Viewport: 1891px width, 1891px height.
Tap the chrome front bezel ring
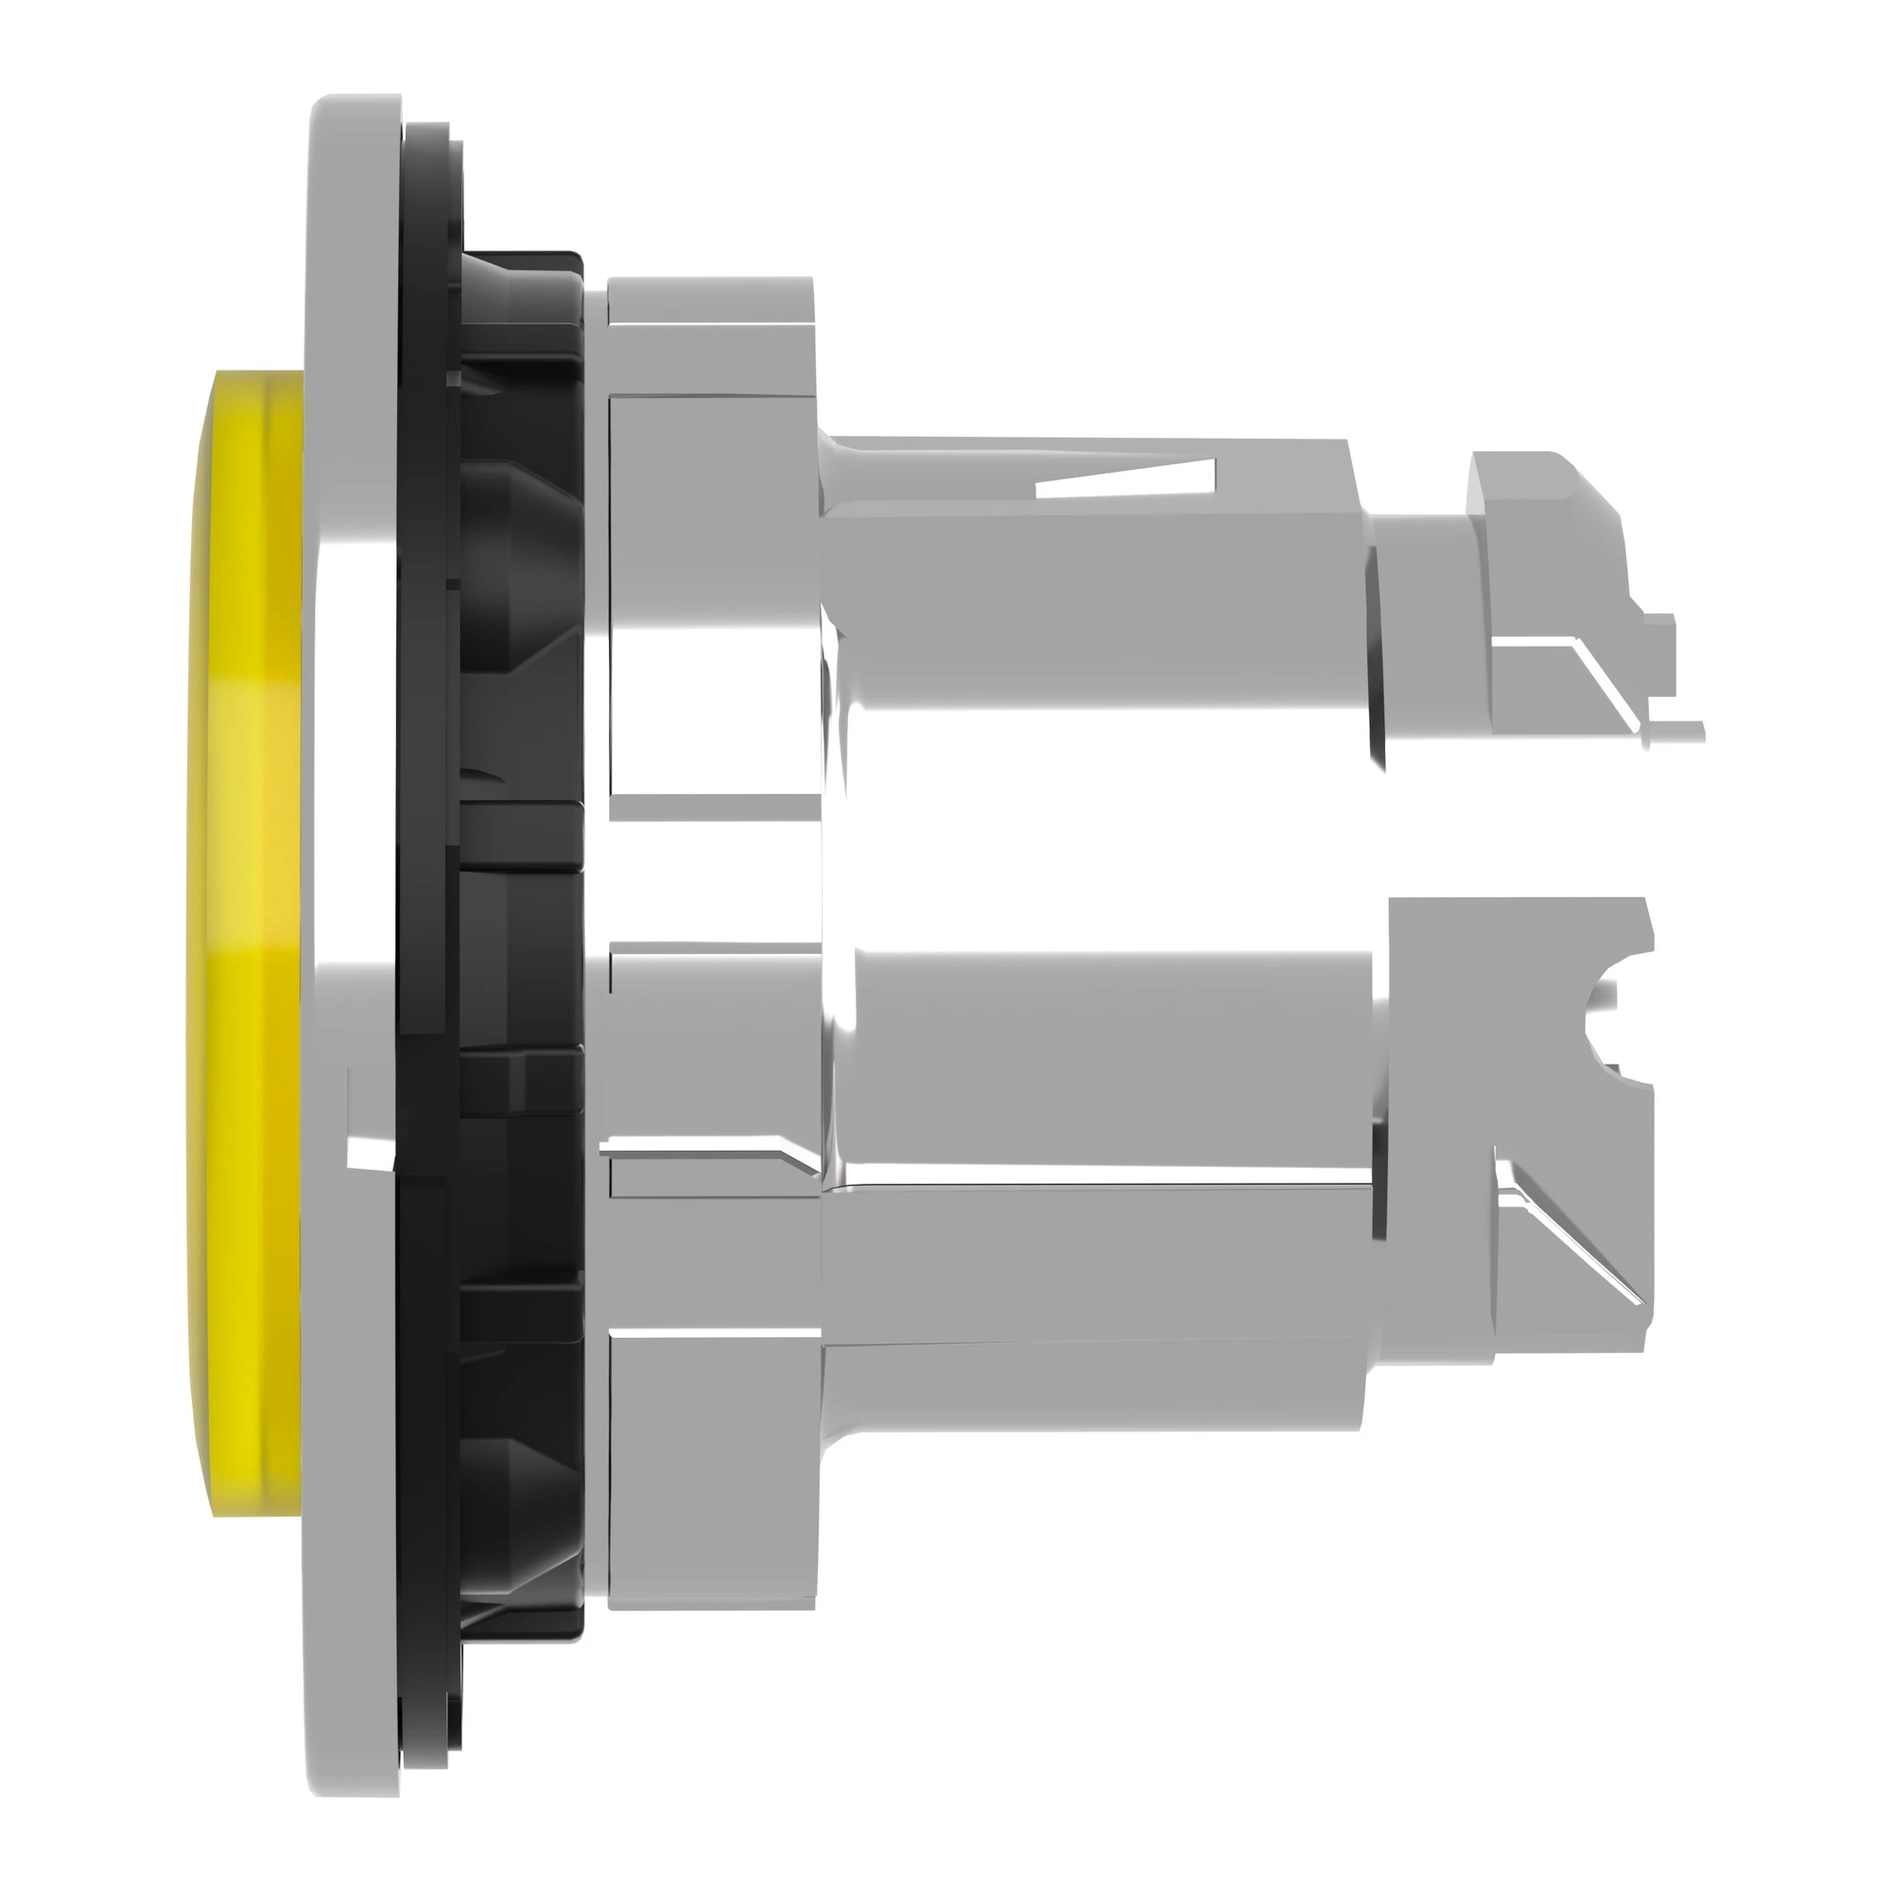(353, 685)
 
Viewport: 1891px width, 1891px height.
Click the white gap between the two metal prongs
(1125, 861)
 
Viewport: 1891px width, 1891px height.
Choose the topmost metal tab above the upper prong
(710, 333)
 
